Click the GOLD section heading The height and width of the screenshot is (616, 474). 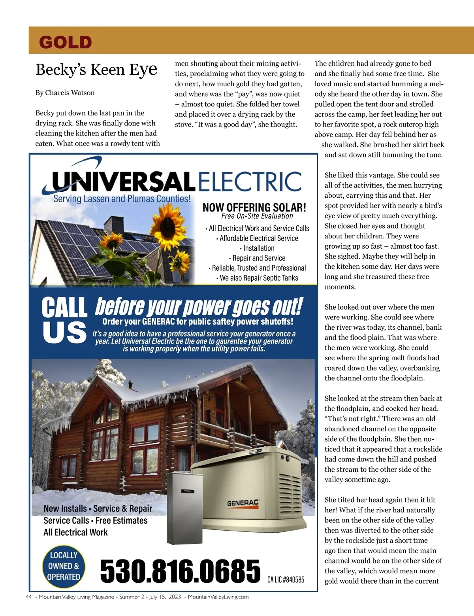pos(66,42)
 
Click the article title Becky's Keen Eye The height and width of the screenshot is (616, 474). pos(96,70)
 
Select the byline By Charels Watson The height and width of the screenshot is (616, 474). pos(65,93)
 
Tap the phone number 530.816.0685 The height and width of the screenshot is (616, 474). pos(180,571)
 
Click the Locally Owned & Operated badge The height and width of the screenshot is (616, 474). pos(63,566)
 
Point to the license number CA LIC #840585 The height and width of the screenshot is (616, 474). pos(286,580)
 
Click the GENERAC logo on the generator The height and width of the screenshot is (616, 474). pos(243,503)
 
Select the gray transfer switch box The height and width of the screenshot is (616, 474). pos(184,508)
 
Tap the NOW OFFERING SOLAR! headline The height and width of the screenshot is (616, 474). pos(254,207)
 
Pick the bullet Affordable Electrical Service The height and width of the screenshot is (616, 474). pos(257,238)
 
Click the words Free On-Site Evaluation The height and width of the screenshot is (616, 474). pos(257,216)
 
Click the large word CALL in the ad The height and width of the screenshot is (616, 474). pos(64,308)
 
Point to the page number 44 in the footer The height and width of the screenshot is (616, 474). pos(28,597)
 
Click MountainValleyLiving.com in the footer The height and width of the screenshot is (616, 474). pos(218,597)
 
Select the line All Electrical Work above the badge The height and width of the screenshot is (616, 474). pos(75,532)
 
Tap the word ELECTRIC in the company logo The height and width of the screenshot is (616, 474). pos(249,181)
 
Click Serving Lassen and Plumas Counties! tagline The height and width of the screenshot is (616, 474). pos(122,199)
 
